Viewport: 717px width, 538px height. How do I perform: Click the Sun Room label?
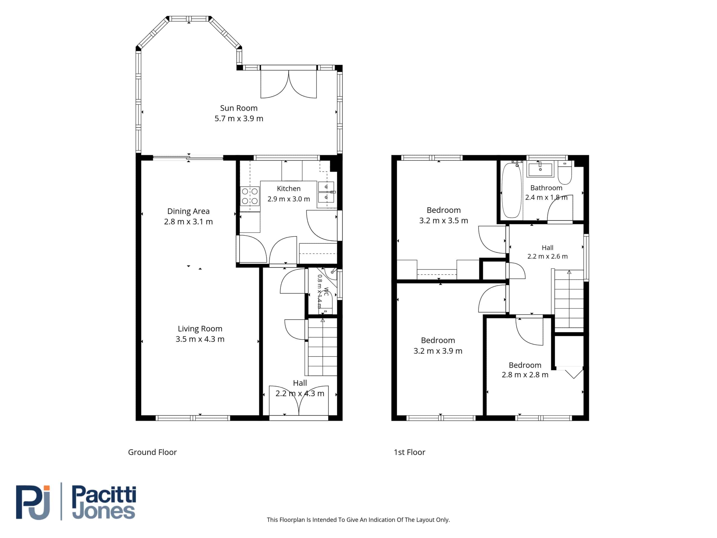click(239, 108)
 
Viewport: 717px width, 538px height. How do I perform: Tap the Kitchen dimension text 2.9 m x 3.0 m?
click(288, 199)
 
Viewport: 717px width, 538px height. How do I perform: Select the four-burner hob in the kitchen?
click(250, 196)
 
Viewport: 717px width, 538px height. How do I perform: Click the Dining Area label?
click(188, 211)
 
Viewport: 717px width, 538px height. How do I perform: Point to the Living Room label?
click(200, 328)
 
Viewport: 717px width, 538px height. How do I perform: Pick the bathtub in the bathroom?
click(511, 190)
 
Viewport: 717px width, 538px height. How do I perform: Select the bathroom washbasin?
click(540, 169)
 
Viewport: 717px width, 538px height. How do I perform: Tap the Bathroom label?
click(546, 188)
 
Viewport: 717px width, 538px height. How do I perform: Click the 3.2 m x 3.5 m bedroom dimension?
click(443, 221)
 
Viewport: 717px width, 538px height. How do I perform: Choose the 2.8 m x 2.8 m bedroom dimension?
click(525, 375)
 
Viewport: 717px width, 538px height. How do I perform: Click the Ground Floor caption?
click(152, 452)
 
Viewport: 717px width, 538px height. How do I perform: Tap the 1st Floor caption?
click(409, 452)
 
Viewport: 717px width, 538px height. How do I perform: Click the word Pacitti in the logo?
click(104, 495)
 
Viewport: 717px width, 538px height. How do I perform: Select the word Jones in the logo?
click(103, 511)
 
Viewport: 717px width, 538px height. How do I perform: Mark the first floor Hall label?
click(548, 247)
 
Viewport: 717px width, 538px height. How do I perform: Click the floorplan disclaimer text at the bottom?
click(358, 520)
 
